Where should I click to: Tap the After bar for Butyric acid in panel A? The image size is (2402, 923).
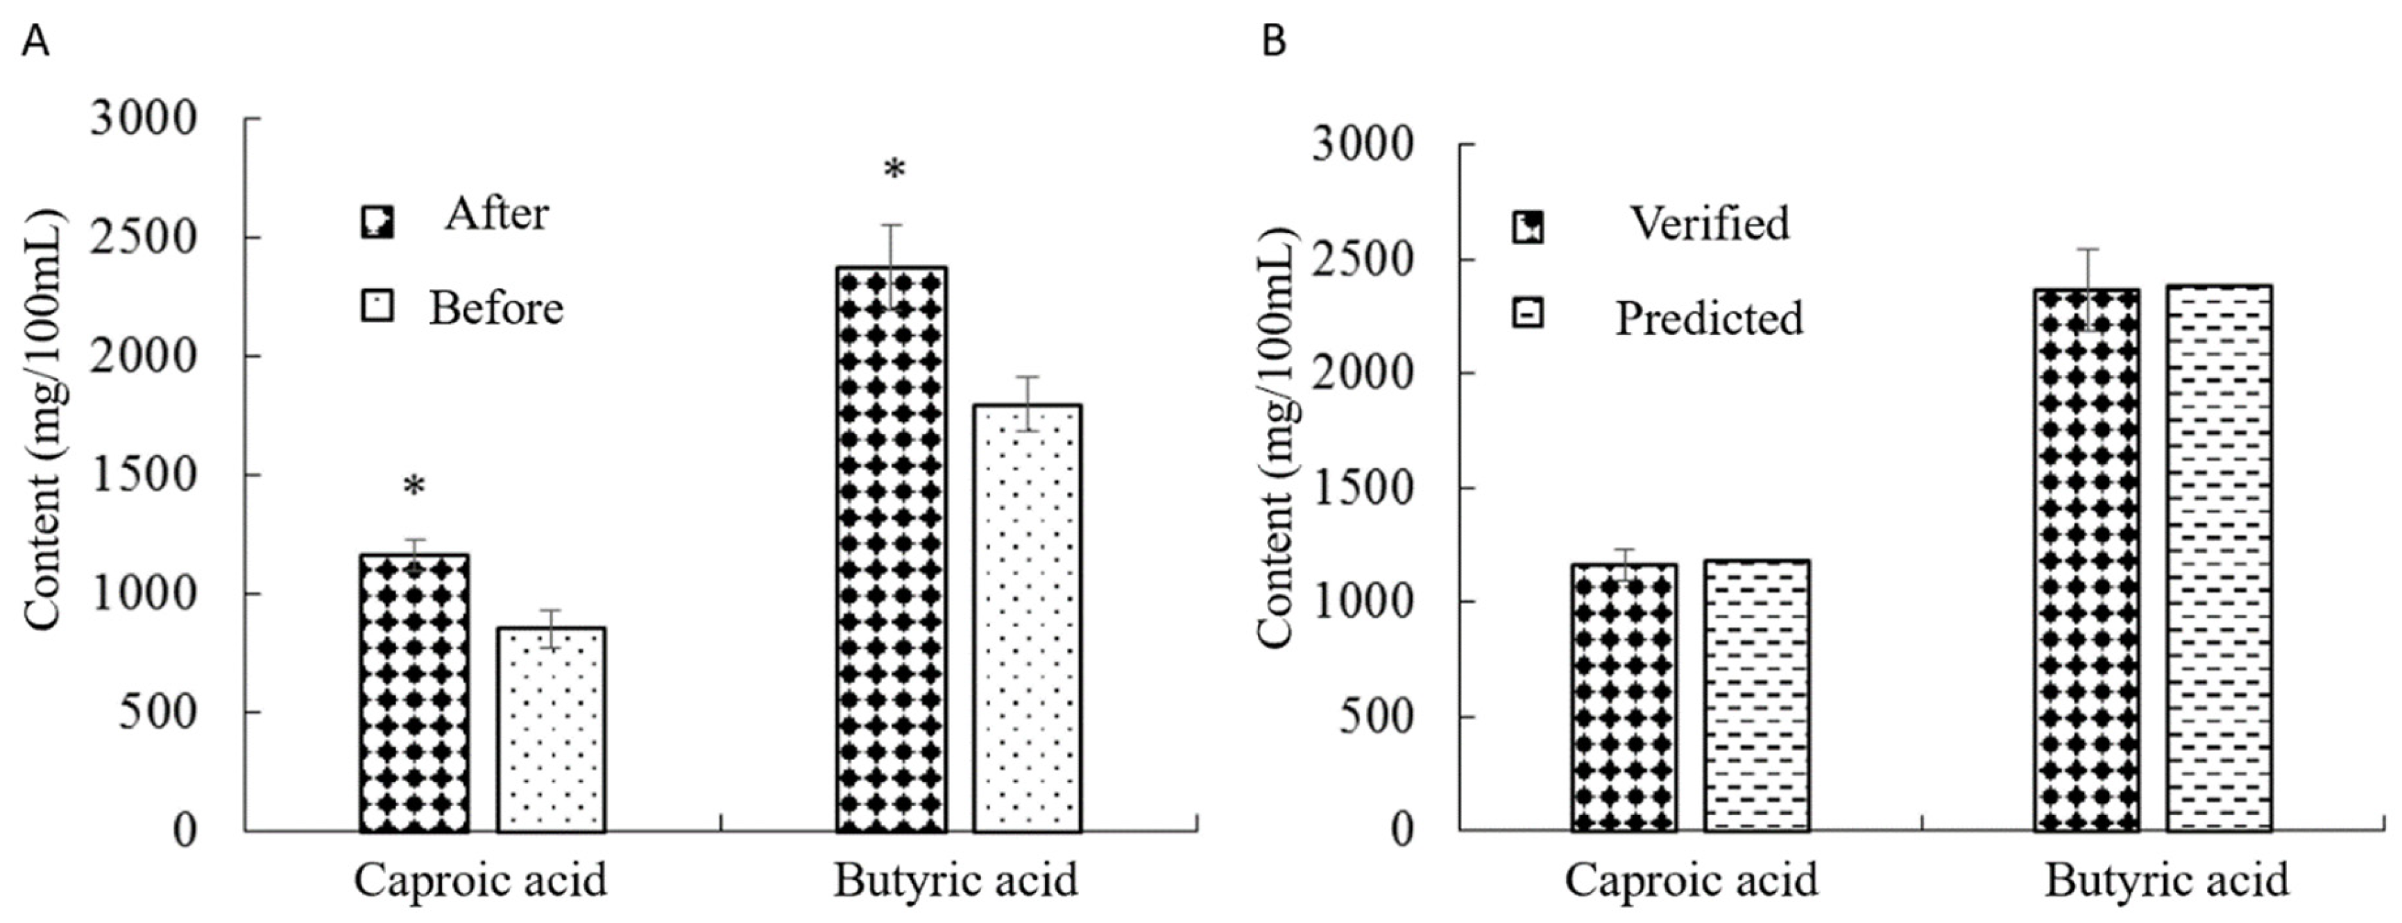[892, 549]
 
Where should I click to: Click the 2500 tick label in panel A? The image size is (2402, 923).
[144, 239]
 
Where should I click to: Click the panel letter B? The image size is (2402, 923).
[1274, 42]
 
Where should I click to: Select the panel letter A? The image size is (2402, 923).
[35, 42]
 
